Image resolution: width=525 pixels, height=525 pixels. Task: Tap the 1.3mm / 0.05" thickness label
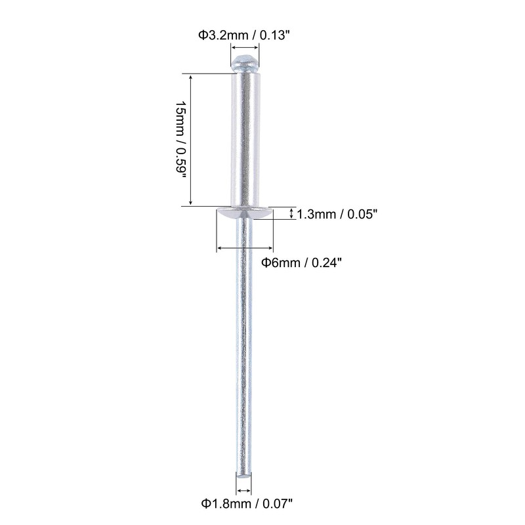pos(338,214)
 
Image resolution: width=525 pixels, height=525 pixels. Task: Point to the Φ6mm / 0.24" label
pos(302,262)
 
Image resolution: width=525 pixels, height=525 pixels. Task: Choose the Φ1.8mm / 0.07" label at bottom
pos(247,504)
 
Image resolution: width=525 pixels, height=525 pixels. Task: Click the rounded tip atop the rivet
pos(245,64)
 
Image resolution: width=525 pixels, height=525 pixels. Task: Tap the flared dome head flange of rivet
pos(245,213)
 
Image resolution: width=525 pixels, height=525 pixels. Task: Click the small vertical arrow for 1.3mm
pos(291,213)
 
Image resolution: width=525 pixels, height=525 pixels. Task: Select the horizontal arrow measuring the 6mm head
pos(245,247)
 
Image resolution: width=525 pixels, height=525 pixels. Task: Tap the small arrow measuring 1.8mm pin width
pos(244,490)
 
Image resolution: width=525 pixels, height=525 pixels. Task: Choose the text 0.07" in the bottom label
pos(276,504)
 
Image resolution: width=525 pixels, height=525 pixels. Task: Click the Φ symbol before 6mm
pos(266,262)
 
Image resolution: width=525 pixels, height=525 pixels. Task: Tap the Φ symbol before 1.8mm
pos(205,504)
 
